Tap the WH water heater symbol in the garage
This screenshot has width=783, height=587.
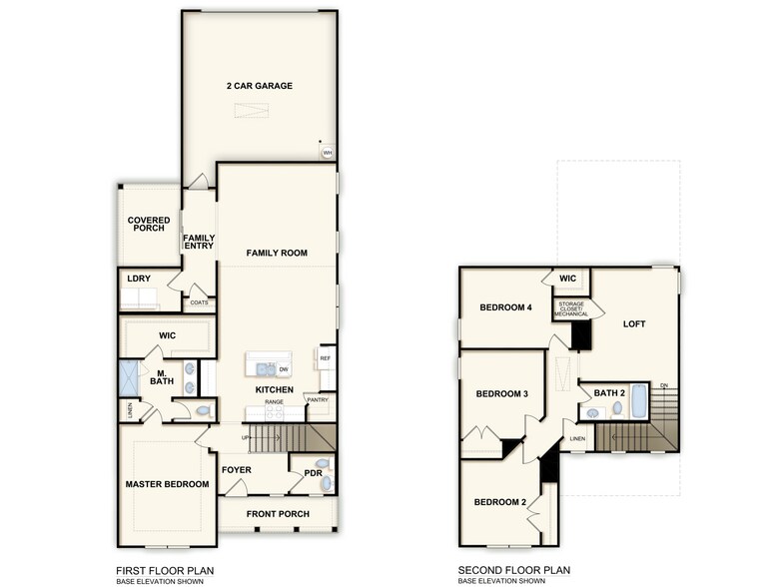point(327,153)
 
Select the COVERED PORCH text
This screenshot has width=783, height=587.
point(148,224)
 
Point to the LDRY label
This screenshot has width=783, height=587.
point(138,279)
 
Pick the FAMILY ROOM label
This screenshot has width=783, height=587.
point(277,254)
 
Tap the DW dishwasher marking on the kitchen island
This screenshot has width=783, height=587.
point(284,368)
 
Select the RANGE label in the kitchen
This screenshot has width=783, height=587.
point(274,402)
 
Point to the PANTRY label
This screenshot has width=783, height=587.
point(318,400)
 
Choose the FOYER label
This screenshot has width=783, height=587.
point(236,469)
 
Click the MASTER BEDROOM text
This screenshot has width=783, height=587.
point(167,484)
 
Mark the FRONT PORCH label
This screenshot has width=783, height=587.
point(279,514)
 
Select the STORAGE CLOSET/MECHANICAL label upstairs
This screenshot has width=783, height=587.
point(571,310)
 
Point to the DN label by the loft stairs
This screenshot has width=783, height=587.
point(664,385)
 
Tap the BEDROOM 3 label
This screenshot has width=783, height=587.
point(501,394)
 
